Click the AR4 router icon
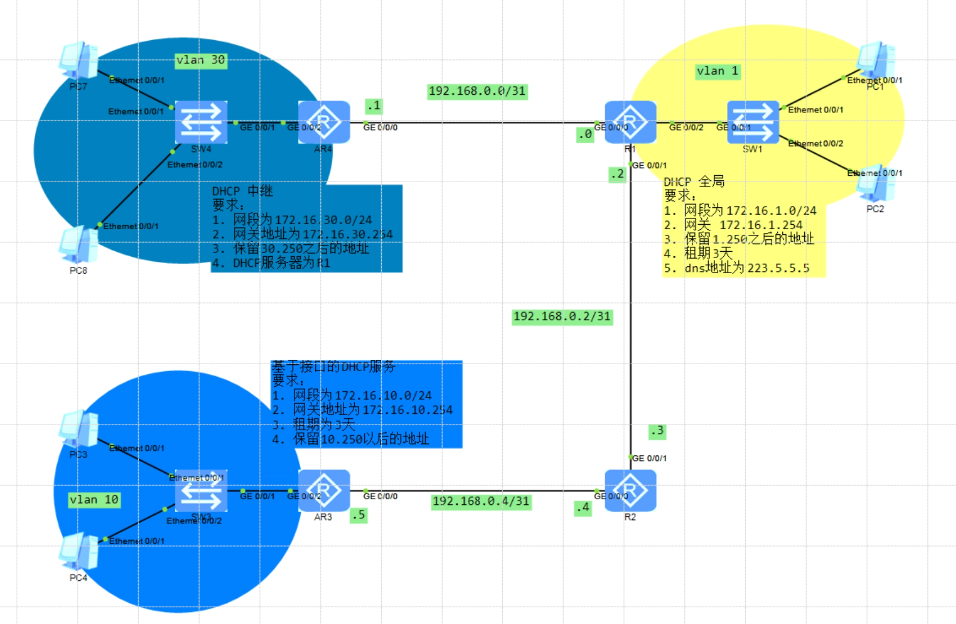click(x=324, y=122)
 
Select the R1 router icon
click(x=630, y=122)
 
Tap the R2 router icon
click(x=630, y=490)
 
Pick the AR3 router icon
click(x=324, y=490)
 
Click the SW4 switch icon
click(x=201, y=122)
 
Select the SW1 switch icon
click(x=753, y=122)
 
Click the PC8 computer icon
click(x=78, y=245)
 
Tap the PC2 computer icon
click(x=875, y=184)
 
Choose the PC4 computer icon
click(x=78, y=552)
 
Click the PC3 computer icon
click(x=78, y=429)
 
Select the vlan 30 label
click(x=201, y=60)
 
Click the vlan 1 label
click(x=718, y=71)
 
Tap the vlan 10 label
click(x=94, y=500)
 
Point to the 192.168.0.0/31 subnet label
click(x=477, y=91)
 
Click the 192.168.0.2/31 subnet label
click(x=562, y=317)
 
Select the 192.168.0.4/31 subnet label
click(x=481, y=501)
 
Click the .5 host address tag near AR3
click(x=358, y=515)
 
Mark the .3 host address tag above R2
click(x=657, y=431)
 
